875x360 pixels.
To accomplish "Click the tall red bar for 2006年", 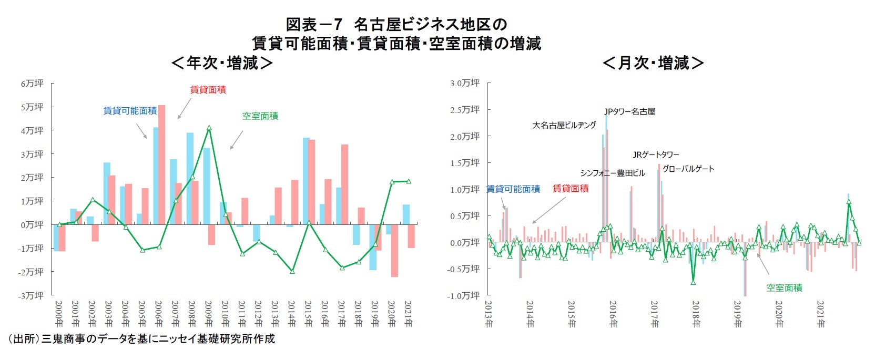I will point(162,164).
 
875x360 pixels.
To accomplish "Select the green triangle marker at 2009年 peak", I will point(209,128).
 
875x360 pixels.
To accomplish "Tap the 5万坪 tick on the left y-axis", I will point(32,107).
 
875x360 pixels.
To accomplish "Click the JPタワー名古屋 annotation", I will point(629,111).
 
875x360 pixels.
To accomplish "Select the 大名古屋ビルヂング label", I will point(564,125).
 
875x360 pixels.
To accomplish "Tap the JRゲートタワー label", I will point(656,155).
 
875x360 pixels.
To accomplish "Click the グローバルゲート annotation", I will point(688,169).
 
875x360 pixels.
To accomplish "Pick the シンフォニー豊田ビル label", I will point(612,173).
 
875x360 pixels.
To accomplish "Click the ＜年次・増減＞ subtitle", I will point(221,63).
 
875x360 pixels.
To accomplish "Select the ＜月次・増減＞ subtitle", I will point(653,63).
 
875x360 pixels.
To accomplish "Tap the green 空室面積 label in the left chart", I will point(260,116).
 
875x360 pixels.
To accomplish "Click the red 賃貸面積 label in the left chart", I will point(208,90).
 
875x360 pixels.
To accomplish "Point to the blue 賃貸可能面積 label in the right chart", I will point(513,189).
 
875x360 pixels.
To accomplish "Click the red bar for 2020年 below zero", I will point(394,250).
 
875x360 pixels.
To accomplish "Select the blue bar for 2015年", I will point(306,181).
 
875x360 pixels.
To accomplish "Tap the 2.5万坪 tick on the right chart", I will point(465,109).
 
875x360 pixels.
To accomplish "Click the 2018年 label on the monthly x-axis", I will point(695,314).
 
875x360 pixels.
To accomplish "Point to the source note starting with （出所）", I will point(140,339).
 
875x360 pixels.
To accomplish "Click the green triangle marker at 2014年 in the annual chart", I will point(292,271).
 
